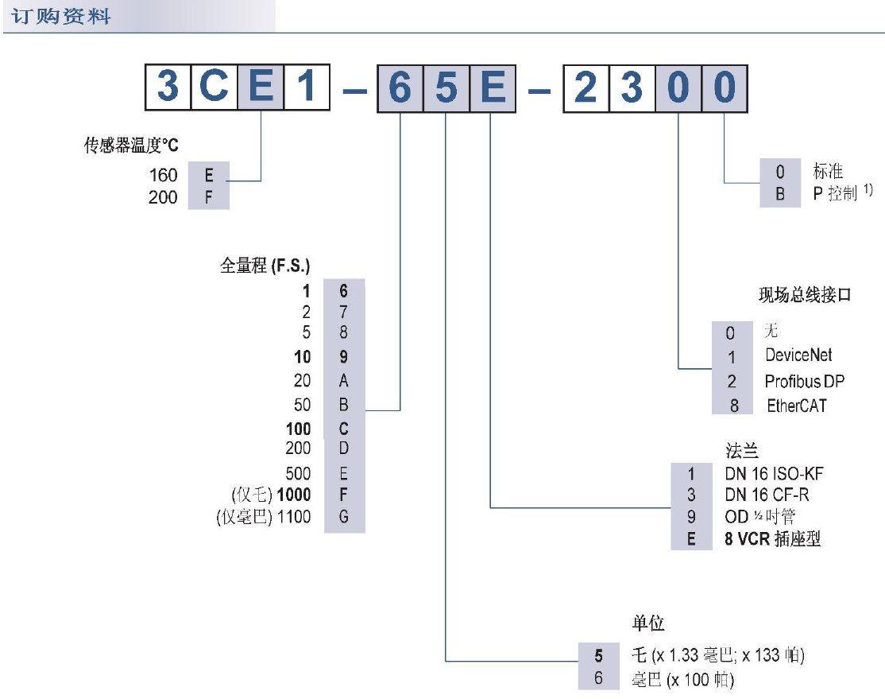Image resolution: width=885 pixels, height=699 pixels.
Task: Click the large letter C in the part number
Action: tap(214, 87)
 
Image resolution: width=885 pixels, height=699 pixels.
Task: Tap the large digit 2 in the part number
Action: tap(585, 87)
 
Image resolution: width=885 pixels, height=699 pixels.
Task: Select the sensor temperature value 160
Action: tap(163, 175)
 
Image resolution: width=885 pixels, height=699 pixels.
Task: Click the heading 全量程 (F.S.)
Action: tap(265, 266)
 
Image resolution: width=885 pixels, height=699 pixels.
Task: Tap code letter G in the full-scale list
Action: tap(343, 518)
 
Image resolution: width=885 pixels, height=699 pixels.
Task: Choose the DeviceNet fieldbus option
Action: tap(798, 355)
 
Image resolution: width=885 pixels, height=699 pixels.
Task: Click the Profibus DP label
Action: tap(804, 381)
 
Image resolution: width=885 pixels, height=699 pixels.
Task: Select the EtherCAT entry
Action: tap(796, 406)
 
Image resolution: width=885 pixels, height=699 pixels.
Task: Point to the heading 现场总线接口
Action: tap(804, 296)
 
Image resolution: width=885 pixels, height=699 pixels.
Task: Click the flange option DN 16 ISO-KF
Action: tap(774, 474)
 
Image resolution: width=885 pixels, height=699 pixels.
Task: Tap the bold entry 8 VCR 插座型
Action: tap(772, 539)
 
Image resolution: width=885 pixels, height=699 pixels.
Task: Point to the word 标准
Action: tap(827, 171)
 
